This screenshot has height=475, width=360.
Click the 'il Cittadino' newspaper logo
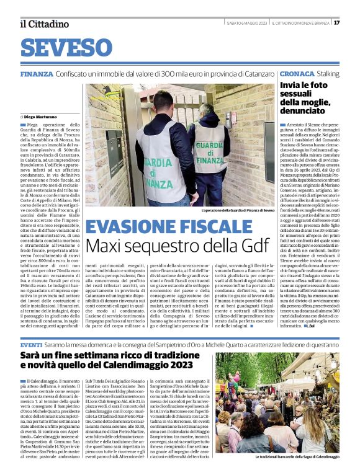point(44,24)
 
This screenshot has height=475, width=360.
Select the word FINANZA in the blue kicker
point(37,74)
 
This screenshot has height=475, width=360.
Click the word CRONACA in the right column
point(297,74)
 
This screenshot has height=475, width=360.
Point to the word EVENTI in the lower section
point(31,344)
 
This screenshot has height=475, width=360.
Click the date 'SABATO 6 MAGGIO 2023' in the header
point(246,23)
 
